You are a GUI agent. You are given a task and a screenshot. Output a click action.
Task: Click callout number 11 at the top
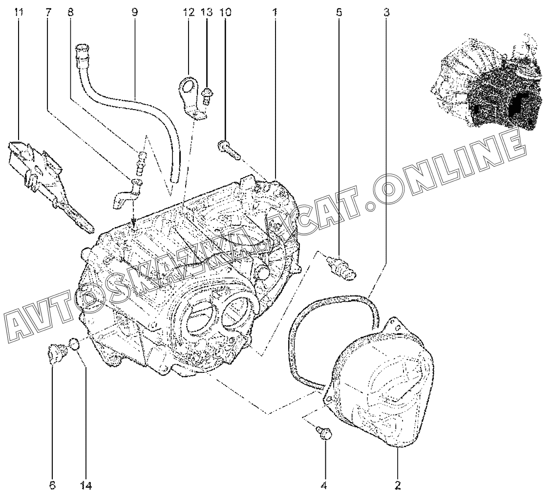[x=19, y=13]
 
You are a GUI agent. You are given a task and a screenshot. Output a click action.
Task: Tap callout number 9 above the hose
[x=134, y=13]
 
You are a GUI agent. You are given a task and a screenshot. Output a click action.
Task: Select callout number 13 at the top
[x=208, y=13]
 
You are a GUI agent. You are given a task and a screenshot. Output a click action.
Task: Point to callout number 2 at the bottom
[x=397, y=486]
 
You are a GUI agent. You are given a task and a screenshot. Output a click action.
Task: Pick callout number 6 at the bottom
[x=52, y=486]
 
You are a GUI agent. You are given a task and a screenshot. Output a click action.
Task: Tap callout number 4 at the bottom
[x=324, y=486]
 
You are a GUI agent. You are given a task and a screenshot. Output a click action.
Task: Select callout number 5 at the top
[x=339, y=13]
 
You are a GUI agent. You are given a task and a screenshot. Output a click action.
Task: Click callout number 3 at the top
[x=386, y=13]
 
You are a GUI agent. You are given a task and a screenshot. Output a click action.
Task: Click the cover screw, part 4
[x=325, y=433]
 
